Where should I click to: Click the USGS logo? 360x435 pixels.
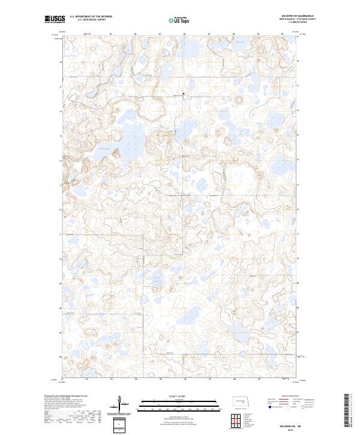click(55, 19)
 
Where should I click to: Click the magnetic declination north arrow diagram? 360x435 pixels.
click(121, 404)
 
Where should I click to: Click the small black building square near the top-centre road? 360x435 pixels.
click(184, 94)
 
